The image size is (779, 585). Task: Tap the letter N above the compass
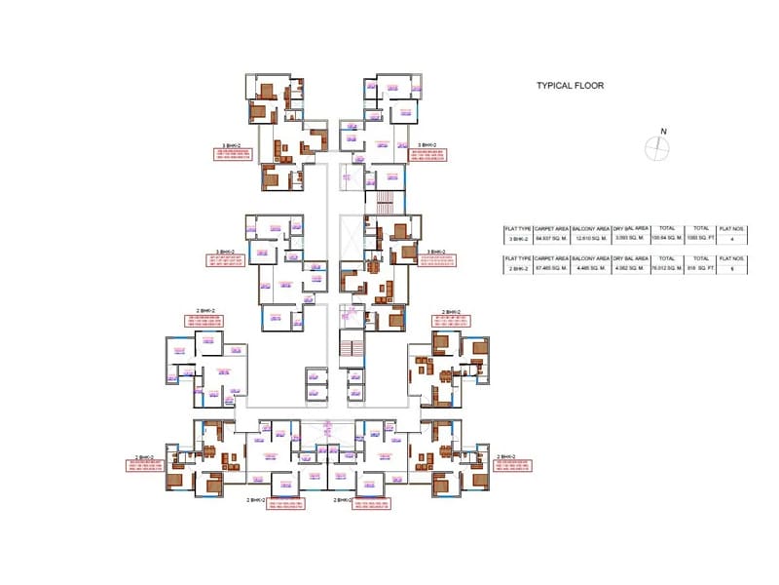662,132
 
